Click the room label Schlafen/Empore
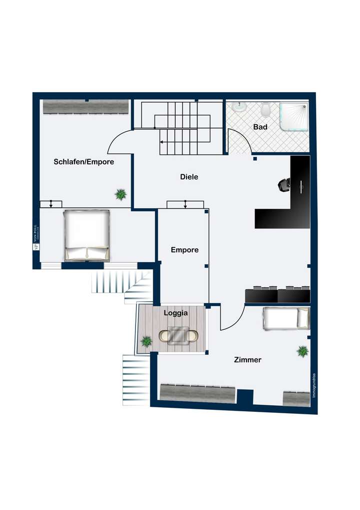[x=84, y=162]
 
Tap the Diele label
[x=189, y=177]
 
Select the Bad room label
[x=260, y=127]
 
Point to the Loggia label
[x=176, y=313]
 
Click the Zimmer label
[x=248, y=360]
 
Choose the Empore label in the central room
[x=184, y=250]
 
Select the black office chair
[x=284, y=185]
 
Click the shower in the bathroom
[x=293, y=116]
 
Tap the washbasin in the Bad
[x=238, y=107]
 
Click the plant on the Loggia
[x=146, y=342]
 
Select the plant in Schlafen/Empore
[x=120, y=194]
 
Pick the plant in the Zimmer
[x=302, y=351]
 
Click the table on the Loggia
[x=178, y=335]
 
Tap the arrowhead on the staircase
[x=161, y=142]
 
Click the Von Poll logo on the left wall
[x=36, y=238]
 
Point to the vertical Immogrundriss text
[x=314, y=386]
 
